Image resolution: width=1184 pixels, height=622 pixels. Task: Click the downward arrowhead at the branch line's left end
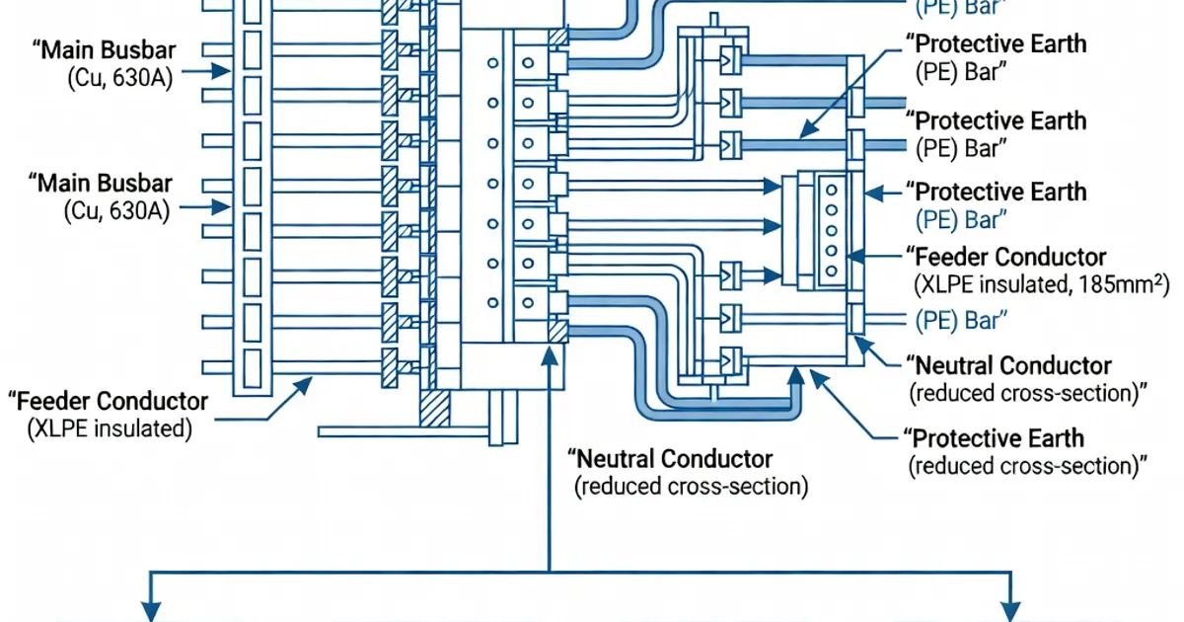(x=150, y=610)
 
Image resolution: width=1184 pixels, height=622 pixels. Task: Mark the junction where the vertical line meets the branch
(x=549, y=572)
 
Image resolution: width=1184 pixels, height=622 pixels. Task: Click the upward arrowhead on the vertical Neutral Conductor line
(x=549, y=354)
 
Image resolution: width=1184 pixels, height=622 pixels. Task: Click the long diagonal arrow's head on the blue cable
(x=802, y=134)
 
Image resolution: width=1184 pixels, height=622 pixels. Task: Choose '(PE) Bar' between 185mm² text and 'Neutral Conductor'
(x=961, y=319)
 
